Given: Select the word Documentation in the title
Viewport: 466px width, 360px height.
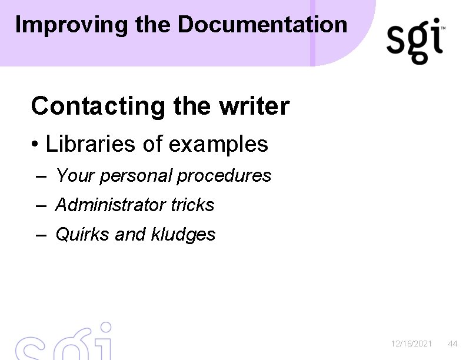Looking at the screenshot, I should [262, 24].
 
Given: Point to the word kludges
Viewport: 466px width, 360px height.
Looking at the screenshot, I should [184, 235].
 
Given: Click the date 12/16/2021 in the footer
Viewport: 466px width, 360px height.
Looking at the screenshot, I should [412, 344].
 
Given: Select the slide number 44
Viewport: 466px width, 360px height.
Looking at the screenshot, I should [452, 344].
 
